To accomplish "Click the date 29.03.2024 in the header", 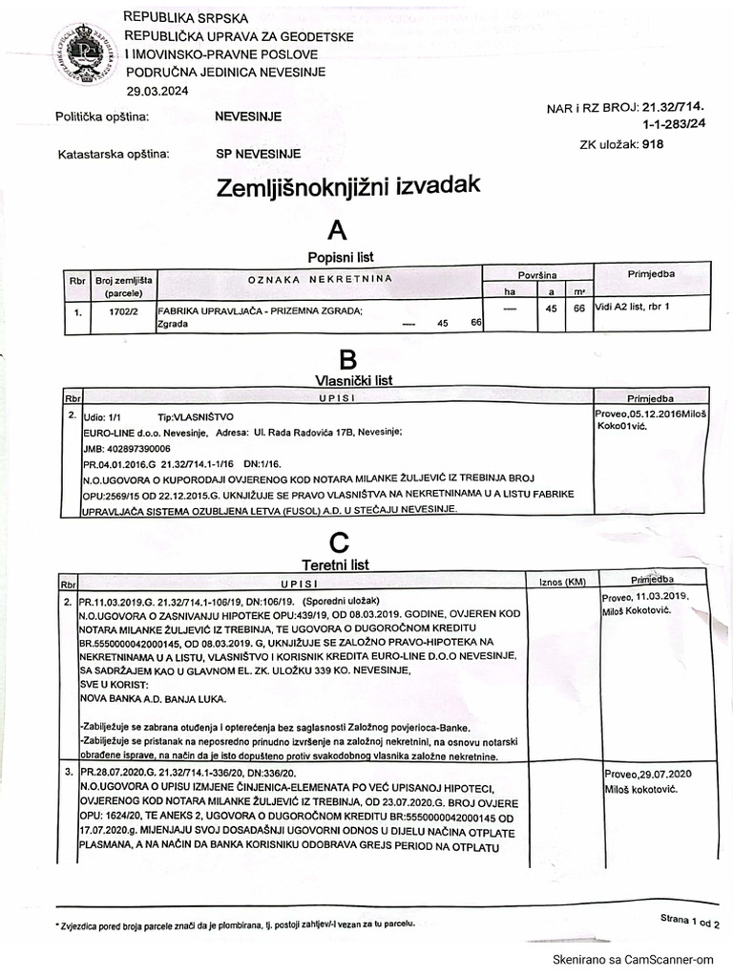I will [157, 91].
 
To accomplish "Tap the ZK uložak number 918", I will [653, 144].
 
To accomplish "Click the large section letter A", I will [336, 229].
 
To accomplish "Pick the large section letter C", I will [339, 542].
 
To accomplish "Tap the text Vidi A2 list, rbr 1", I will [632, 308].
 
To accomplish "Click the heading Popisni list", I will [340, 257].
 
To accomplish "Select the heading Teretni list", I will [335, 565].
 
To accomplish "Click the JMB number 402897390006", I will [127, 448].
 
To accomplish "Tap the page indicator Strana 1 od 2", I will [690, 921].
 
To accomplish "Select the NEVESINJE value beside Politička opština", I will [248, 117].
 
